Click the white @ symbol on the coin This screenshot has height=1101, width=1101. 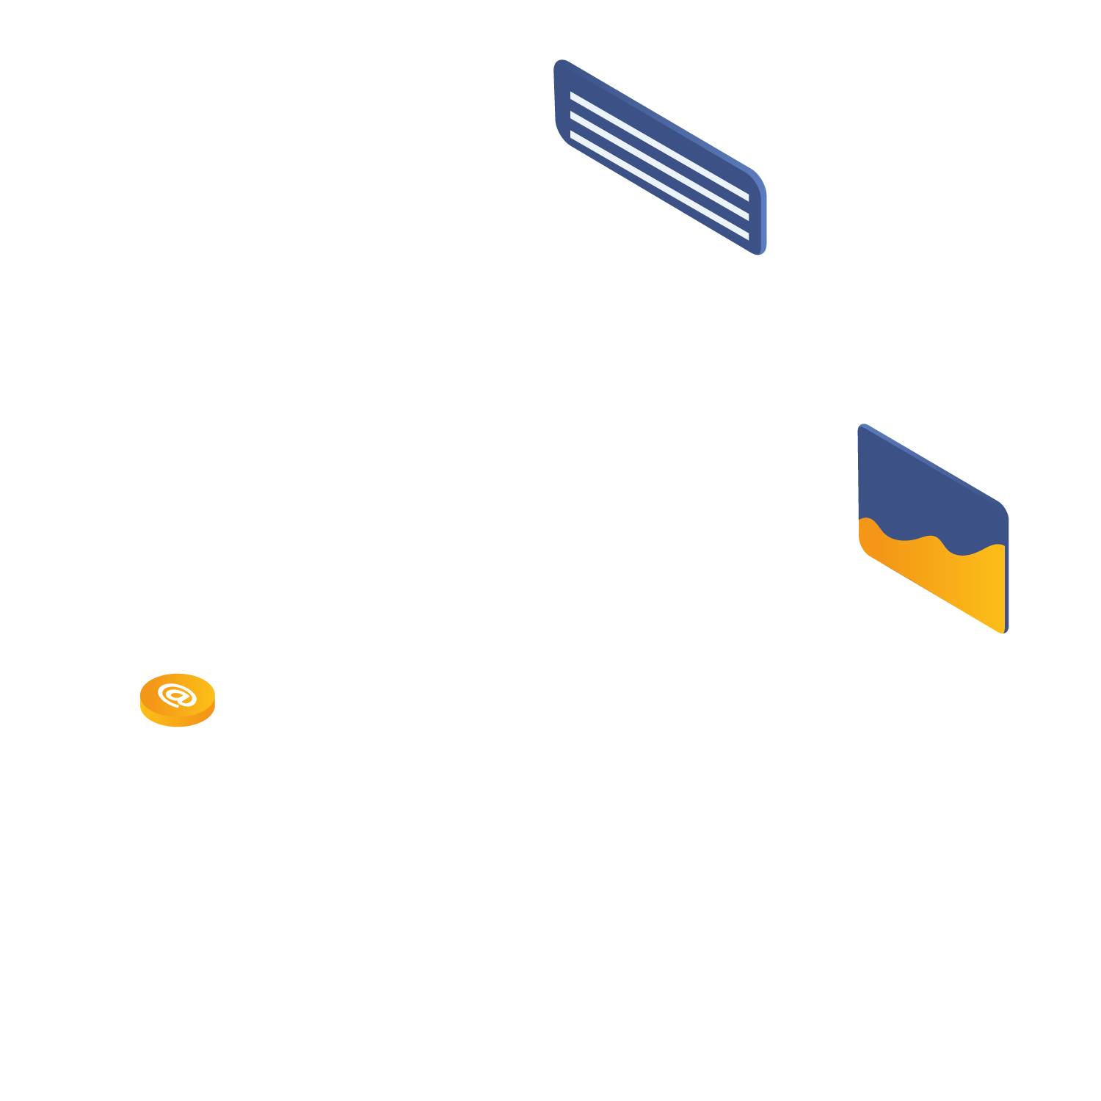tap(177, 694)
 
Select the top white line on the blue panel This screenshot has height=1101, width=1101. tap(659, 147)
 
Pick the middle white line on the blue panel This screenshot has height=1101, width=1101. tap(659, 166)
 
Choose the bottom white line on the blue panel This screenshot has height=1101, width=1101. tap(659, 186)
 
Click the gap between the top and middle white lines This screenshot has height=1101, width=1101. tap(659, 156)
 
